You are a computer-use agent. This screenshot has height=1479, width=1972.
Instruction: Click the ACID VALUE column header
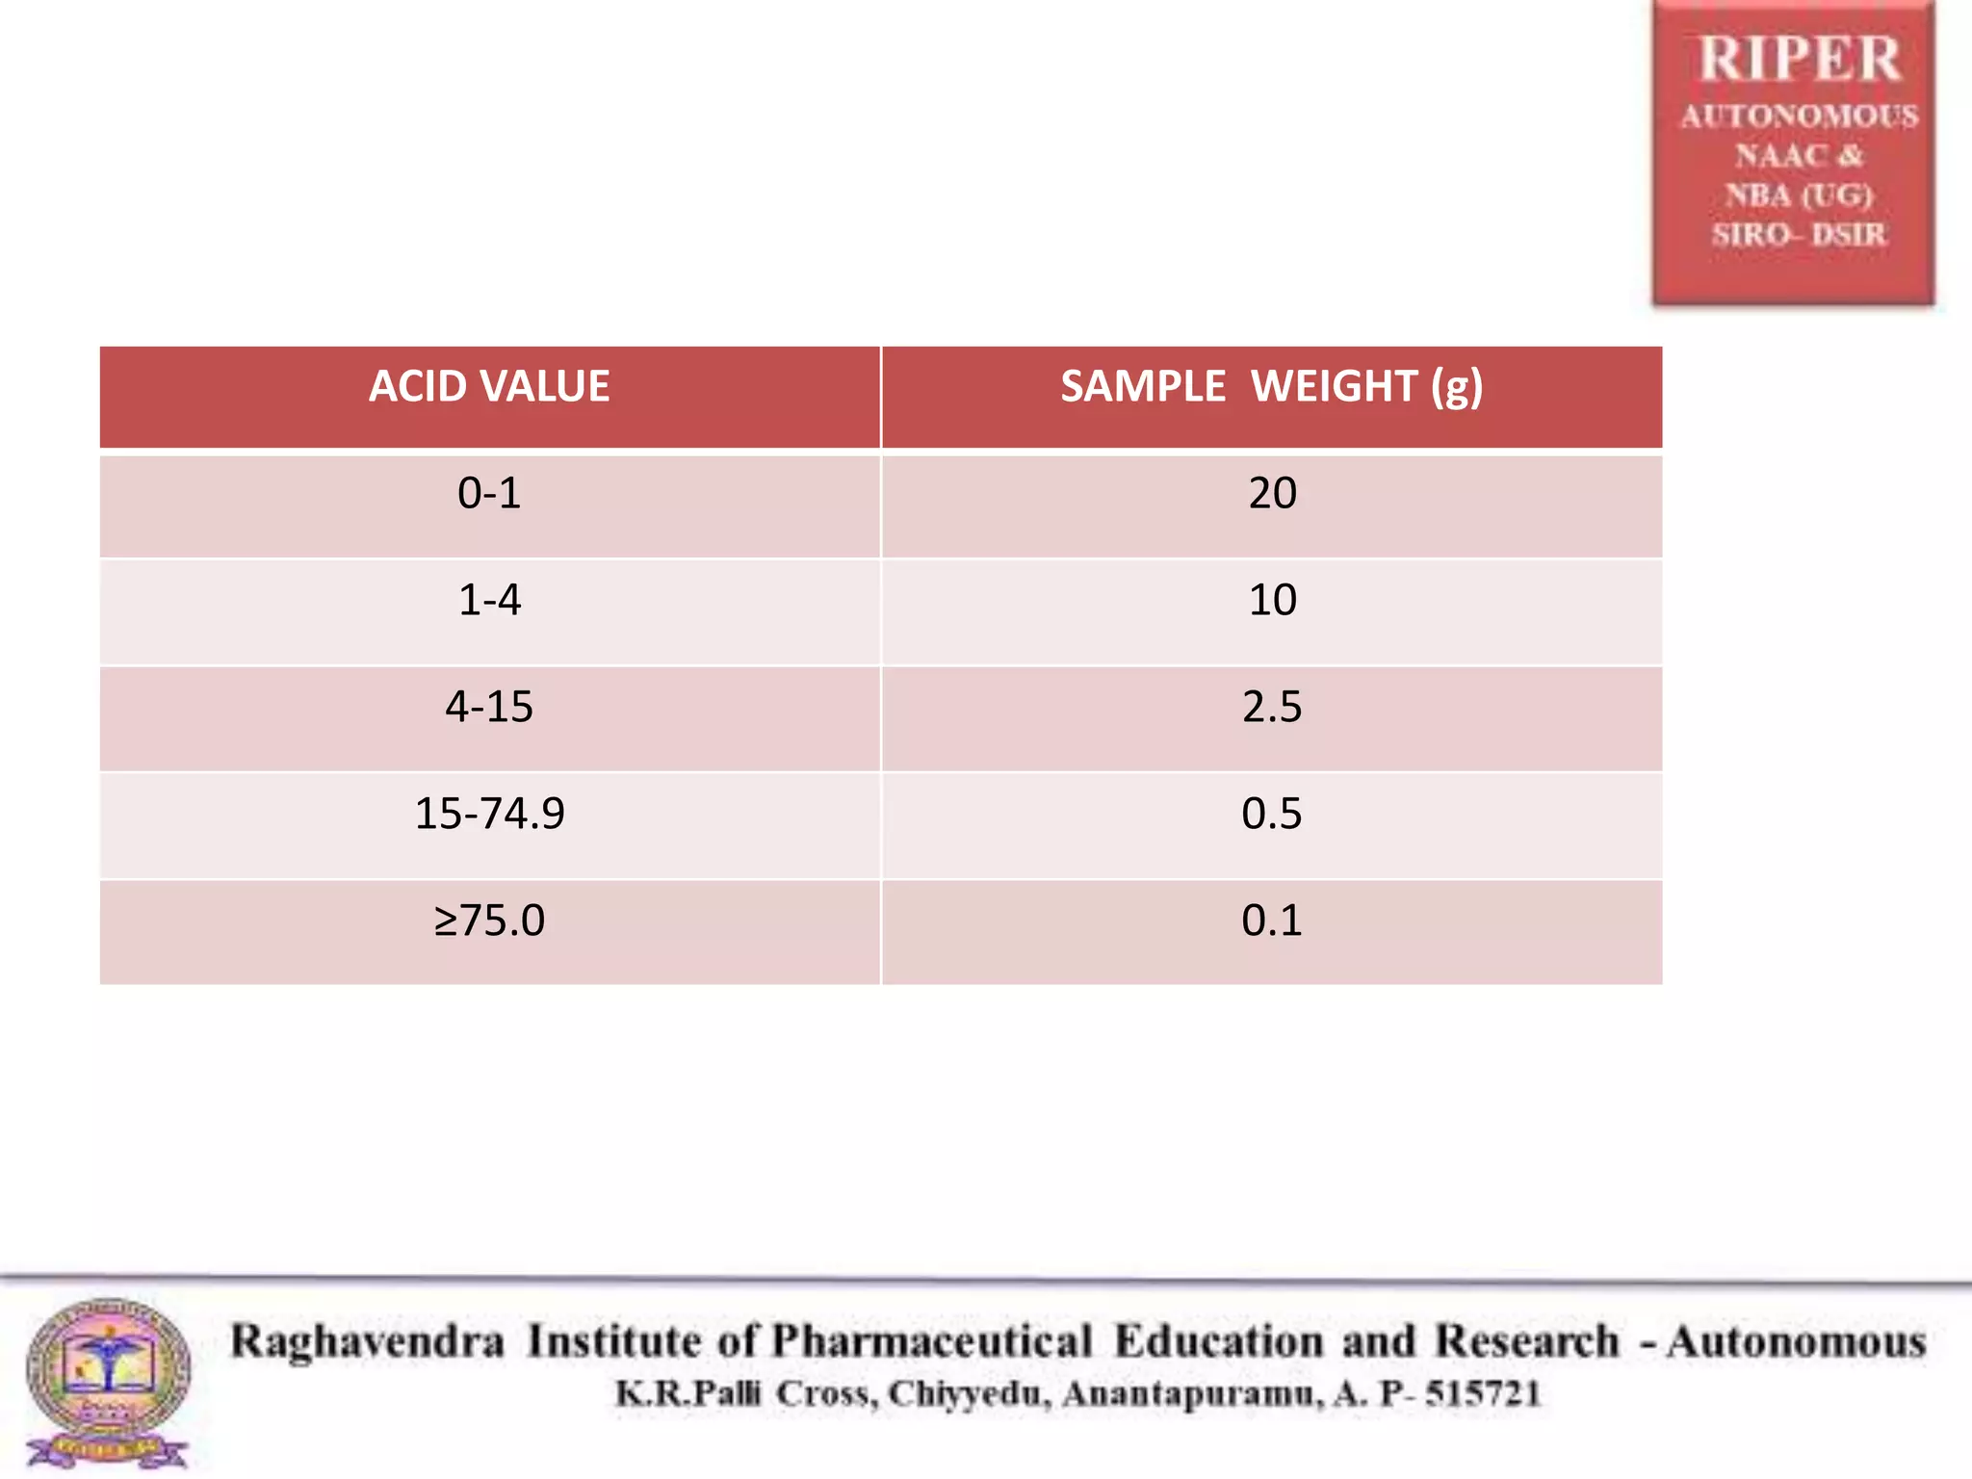tap(489, 387)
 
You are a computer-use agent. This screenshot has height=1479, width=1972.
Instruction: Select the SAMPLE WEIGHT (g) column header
tap(1271, 387)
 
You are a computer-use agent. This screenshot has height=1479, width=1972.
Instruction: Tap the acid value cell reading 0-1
tap(489, 494)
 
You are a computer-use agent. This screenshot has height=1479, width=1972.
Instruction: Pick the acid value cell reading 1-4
tap(489, 601)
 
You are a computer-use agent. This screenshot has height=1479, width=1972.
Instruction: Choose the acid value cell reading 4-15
tap(489, 708)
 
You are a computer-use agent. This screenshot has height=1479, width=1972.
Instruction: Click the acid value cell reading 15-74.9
tap(489, 815)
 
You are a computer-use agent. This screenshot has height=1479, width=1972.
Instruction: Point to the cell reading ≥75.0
tap(489, 921)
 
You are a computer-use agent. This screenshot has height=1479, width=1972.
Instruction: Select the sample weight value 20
tap(1272, 494)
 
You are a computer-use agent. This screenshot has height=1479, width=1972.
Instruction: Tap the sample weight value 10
tap(1272, 601)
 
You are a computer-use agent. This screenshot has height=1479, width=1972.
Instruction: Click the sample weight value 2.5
tap(1272, 708)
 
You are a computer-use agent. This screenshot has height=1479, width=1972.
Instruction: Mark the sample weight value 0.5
tap(1272, 815)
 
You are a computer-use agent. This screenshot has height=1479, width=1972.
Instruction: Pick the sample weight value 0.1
tap(1272, 921)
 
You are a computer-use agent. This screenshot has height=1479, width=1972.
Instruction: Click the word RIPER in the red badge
tap(1799, 60)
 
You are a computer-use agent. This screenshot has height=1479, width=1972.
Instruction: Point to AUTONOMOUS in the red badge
tap(1799, 117)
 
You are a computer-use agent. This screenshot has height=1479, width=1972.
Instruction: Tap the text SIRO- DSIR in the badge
tap(1799, 234)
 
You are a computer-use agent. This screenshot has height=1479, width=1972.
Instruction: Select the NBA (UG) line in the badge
tap(1799, 195)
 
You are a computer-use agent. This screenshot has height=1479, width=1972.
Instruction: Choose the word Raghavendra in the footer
tap(367, 1342)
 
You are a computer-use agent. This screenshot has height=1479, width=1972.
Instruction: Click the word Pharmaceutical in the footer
tap(932, 1342)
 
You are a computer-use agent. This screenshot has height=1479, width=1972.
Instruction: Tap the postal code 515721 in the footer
tap(1483, 1394)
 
